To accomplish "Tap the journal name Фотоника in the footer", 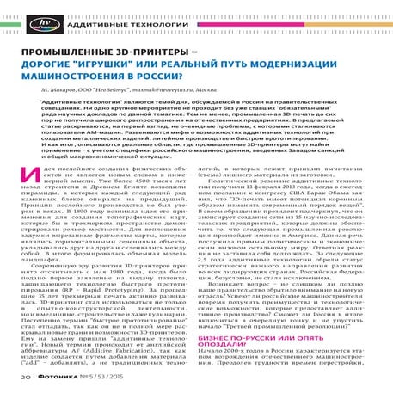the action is click(63, 376).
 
